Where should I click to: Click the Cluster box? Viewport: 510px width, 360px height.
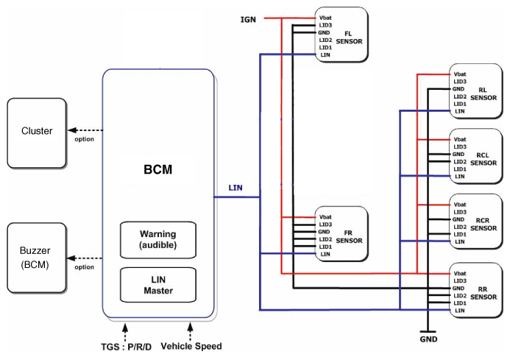(37, 133)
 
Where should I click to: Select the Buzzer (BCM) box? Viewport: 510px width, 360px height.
(37, 258)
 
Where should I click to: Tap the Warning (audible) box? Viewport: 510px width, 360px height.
(158, 240)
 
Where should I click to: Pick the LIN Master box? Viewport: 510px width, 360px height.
(158, 285)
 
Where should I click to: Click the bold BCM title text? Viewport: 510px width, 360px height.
(157, 169)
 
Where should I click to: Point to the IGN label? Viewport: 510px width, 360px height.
(248, 20)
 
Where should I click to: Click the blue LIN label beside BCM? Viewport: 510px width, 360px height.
(235, 188)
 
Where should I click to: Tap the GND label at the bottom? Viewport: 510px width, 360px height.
(428, 339)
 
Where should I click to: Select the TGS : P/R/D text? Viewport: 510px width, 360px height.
(126, 347)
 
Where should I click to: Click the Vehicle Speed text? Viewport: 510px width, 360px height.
(191, 346)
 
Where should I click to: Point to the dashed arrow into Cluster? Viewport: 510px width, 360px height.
(85, 130)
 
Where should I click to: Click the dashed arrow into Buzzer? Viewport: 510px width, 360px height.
(85, 258)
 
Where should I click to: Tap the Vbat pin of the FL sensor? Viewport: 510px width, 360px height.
(325, 18)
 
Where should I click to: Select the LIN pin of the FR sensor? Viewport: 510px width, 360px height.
(325, 254)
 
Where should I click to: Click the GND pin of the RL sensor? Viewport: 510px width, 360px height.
(458, 89)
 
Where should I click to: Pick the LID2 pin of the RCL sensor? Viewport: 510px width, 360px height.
(460, 162)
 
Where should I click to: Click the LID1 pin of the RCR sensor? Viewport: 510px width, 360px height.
(460, 234)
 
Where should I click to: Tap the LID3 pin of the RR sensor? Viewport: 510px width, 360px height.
(460, 281)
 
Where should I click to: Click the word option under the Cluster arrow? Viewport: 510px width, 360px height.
(84, 139)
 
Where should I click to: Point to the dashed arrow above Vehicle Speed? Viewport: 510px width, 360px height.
(191, 331)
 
